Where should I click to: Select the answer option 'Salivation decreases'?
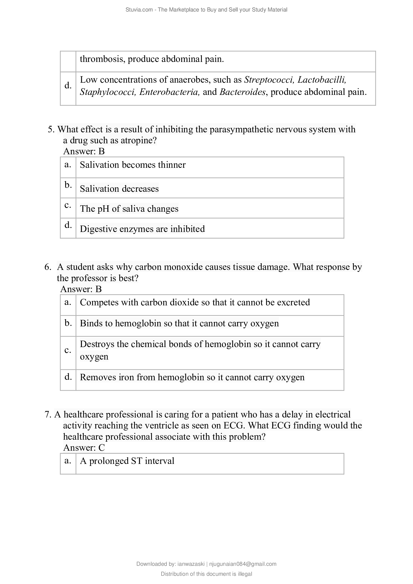point(119,189)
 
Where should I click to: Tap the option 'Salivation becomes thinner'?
point(133,165)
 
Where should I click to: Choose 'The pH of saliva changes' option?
point(129,209)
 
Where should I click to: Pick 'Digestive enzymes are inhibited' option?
point(142,229)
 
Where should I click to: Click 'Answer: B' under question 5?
point(84,151)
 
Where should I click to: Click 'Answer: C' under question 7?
point(84,447)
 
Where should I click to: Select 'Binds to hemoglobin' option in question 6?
point(179,323)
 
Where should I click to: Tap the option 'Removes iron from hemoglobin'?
point(192,377)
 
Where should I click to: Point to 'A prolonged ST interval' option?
point(127,461)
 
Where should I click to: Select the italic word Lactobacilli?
point(321,80)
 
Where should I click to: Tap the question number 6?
point(47,267)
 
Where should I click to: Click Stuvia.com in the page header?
point(139,10)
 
